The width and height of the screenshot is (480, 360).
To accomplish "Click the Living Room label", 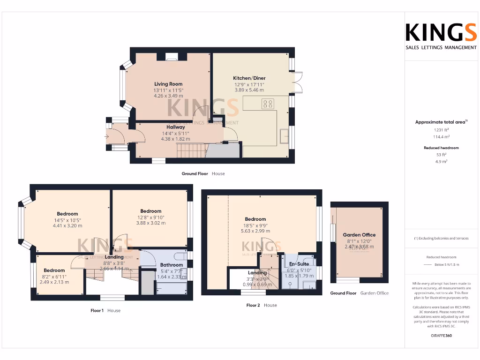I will [168, 84].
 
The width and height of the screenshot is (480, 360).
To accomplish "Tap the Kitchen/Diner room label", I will [249, 78].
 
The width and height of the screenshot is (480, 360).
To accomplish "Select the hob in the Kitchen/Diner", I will [268, 104].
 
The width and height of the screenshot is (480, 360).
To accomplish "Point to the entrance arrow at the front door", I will [107, 136].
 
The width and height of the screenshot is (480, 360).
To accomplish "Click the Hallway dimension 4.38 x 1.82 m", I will [175, 139].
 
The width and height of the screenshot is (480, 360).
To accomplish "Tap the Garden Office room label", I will [359, 235].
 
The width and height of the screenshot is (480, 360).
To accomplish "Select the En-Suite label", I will [299, 264].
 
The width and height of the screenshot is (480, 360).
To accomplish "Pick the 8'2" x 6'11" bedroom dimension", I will [54, 277].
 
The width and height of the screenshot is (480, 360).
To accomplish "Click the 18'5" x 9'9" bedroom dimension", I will [255, 225].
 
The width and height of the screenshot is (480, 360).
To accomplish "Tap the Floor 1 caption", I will [97, 310].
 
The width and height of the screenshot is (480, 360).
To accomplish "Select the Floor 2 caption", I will [253, 305].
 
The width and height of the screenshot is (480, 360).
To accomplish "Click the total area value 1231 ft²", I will [441, 130].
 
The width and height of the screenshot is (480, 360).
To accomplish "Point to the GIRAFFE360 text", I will [441, 336].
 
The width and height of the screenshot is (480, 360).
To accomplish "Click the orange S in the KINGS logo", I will [469, 33].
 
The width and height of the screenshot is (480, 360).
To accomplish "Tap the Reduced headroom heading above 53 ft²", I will [441, 148].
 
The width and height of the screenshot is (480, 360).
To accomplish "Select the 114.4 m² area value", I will [441, 137].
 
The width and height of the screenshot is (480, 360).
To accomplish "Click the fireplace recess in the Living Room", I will [172, 57].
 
